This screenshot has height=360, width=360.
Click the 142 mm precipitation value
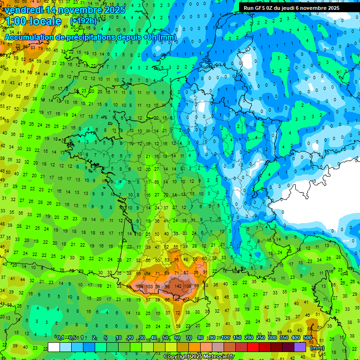[x=178, y=286]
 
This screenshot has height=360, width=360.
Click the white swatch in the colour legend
[x=54, y=347]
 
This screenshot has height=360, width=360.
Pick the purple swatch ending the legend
[x=300, y=347]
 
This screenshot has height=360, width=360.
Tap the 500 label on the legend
[x=307, y=337]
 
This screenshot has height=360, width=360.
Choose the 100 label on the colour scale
[x=226, y=337]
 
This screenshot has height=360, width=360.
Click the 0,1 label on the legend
[x=60, y=337]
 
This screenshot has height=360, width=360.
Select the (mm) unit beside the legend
[x=317, y=348]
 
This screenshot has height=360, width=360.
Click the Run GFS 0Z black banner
[x=298, y=7]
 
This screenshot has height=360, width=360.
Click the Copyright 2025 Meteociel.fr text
[x=199, y=357]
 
